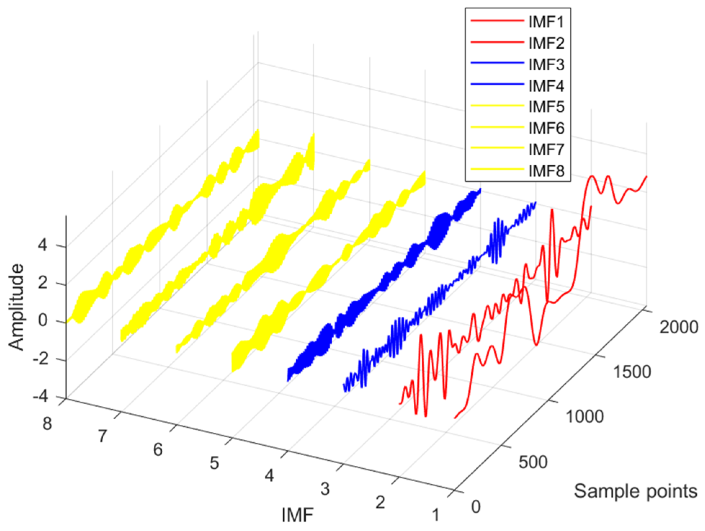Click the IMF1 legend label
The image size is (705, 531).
click(x=546, y=22)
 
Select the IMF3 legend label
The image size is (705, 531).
click(x=546, y=65)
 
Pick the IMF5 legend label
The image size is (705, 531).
click(x=546, y=107)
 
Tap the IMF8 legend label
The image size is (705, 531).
click(x=546, y=171)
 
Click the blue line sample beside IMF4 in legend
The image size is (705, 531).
click(x=497, y=84)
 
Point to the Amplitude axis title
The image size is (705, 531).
click(x=16, y=307)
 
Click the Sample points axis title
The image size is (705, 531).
click(x=635, y=491)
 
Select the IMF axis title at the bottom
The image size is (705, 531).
click(x=297, y=514)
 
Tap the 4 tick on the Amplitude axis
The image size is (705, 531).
click(x=42, y=246)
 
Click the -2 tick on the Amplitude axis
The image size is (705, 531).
click(x=40, y=359)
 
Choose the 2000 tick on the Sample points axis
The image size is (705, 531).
click(x=679, y=327)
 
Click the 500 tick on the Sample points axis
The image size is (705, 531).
click(x=533, y=462)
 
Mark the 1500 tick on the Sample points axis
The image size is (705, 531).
click(x=632, y=372)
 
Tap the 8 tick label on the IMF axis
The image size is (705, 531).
click(x=47, y=423)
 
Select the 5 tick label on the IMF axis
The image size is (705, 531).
click(x=214, y=463)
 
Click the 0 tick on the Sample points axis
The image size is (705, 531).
click(x=476, y=507)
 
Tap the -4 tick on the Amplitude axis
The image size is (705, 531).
click(x=40, y=397)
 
